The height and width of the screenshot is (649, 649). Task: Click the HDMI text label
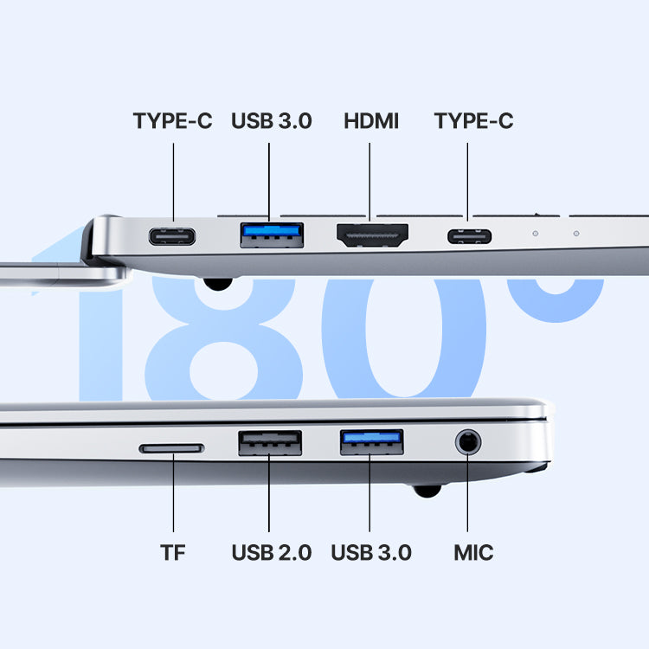(371, 121)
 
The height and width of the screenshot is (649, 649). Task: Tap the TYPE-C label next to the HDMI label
(473, 121)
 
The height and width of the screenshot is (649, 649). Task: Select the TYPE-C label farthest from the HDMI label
(172, 121)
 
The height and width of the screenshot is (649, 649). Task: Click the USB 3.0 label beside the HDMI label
(271, 121)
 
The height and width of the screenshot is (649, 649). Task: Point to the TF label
(172, 553)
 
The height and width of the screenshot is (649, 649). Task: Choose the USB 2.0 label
(272, 553)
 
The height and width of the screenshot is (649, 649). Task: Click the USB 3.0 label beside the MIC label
(371, 553)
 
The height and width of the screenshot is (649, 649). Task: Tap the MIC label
(473, 553)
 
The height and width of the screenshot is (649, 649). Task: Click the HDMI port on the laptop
(372, 235)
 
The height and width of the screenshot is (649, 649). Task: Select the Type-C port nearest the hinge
(172, 237)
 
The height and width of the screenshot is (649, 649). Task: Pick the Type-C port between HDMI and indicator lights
(469, 237)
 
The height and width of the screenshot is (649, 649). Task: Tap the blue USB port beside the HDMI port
(272, 235)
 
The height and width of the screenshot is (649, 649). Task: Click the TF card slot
(172, 448)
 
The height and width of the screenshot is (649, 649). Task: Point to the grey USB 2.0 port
(270, 443)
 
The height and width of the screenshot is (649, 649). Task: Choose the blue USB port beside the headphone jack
(372, 442)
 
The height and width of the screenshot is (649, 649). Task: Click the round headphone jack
(468, 441)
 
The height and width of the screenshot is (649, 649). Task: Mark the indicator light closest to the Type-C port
(535, 234)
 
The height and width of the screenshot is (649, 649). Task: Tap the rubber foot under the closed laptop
(427, 491)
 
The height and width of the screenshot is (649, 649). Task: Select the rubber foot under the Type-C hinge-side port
(218, 284)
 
